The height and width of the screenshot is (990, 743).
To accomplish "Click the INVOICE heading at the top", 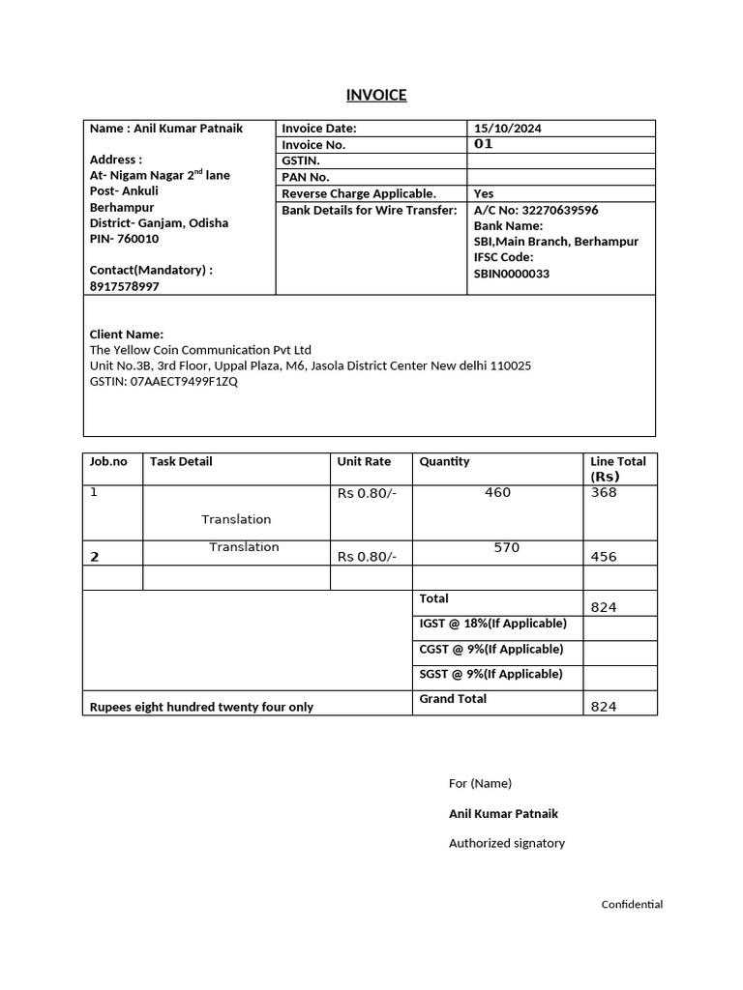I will (376, 95).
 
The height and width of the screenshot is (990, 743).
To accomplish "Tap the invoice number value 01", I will (484, 144).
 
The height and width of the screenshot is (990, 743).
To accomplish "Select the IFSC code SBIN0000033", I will (512, 274).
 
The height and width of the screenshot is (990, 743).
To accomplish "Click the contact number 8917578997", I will (125, 286).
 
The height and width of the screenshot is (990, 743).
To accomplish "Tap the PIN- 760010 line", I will (124, 239).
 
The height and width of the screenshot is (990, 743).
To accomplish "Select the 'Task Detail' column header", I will (181, 461).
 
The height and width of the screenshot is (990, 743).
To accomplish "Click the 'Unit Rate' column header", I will (364, 461).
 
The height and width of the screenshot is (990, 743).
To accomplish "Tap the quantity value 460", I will (497, 492).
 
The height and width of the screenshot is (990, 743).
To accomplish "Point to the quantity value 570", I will (506, 547).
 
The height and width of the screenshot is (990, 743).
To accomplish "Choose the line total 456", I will (603, 557).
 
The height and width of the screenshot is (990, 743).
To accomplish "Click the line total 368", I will (603, 492).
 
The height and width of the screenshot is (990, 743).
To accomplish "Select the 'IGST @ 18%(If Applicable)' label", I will (491, 624).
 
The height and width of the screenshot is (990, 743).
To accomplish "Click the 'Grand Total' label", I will (453, 698).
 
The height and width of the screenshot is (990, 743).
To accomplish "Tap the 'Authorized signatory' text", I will (507, 843).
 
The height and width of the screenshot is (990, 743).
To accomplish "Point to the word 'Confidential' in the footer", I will (632, 905).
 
